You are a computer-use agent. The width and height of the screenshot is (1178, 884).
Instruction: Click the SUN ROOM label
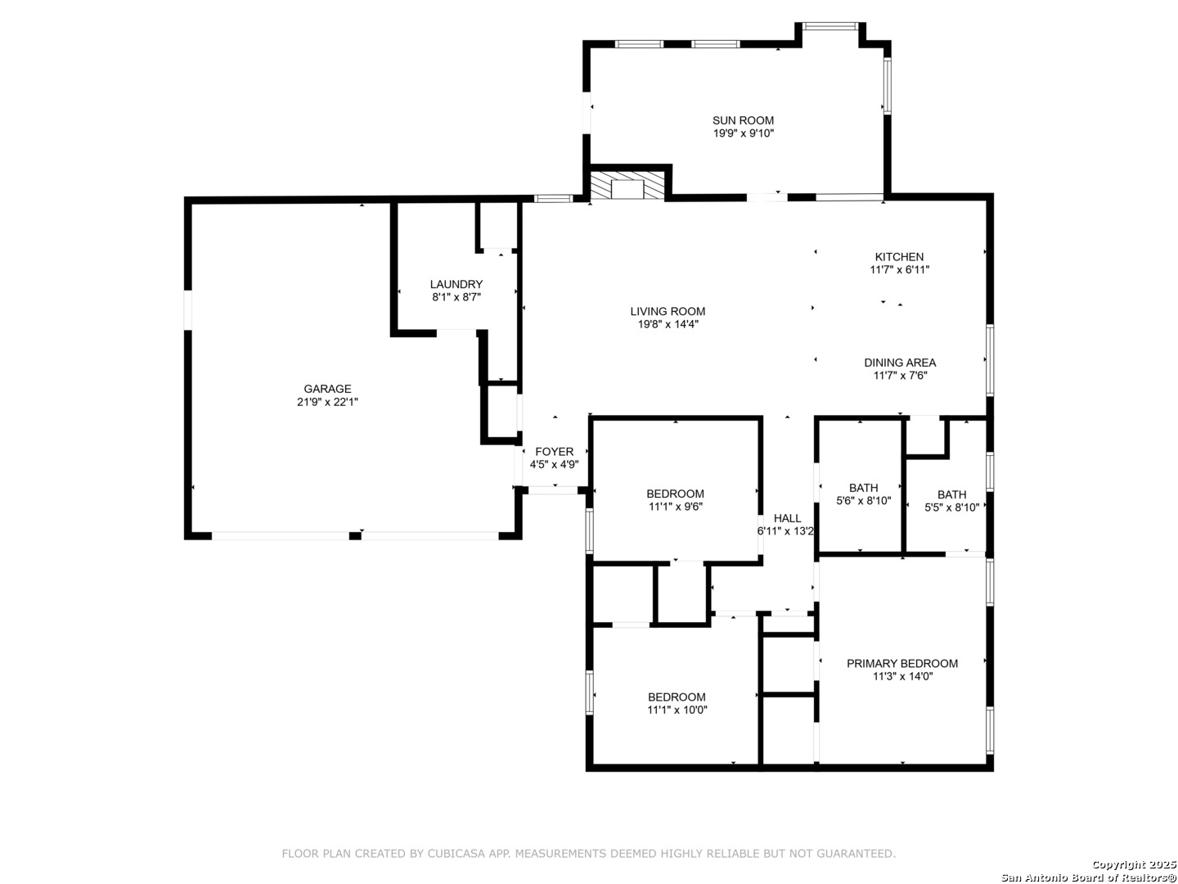click(743, 121)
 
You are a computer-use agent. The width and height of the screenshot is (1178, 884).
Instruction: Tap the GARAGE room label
click(327, 389)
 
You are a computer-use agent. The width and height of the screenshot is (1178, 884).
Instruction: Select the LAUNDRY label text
click(456, 285)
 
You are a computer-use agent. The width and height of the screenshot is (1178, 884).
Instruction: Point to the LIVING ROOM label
click(668, 311)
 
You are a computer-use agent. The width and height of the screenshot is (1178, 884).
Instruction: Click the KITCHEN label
click(900, 257)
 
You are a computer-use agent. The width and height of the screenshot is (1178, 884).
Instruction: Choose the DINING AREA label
click(900, 363)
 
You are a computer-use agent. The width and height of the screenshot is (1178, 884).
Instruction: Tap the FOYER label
click(555, 452)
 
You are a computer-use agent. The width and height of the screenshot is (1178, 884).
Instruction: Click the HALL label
click(787, 518)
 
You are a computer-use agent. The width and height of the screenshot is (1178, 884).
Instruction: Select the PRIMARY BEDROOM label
click(902, 663)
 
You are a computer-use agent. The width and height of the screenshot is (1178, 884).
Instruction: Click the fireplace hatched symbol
click(627, 186)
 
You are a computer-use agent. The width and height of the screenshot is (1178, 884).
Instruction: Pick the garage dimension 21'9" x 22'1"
click(327, 402)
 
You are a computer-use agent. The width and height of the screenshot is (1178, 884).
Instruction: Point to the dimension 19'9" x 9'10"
click(744, 133)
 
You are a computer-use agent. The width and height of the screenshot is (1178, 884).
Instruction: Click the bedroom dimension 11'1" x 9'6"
click(676, 507)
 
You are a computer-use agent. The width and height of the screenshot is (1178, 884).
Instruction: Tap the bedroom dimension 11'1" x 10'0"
click(677, 710)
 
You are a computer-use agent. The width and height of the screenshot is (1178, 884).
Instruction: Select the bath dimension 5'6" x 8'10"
click(864, 501)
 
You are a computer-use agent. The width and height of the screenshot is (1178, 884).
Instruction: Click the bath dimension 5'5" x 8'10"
click(952, 507)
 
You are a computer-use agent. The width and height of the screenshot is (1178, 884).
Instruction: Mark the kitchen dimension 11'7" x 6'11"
click(900, 270)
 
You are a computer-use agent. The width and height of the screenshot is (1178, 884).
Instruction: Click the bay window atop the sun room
click(830, 25)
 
